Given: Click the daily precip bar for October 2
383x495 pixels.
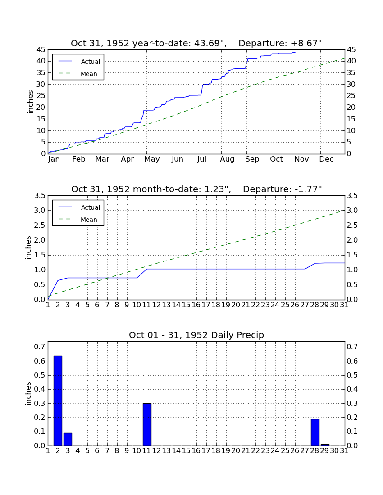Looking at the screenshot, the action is click(x=58, y=400).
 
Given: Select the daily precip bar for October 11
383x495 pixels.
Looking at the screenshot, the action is click(x=147, y=424).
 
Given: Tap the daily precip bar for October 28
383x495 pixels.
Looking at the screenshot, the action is click(x=315, y=432).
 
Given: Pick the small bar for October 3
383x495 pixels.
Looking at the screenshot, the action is click(x=68, y=439).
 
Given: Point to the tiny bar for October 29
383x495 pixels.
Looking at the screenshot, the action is click(x=325, y=445).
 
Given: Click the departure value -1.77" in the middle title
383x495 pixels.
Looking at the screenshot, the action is click(x=308, y=189).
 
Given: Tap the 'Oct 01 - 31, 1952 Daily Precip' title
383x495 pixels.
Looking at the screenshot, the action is click(x=196, y=335).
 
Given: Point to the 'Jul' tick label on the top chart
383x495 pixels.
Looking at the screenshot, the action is click(x=201, y=159).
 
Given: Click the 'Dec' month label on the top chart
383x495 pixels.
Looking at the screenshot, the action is click(x=326, y=159).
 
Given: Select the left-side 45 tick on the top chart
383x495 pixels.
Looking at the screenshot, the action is click(x=41, y=50).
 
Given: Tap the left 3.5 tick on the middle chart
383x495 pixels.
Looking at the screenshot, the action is click(x=40, y=196).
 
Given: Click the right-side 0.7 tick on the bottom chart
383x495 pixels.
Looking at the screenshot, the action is click(x=352, y=346).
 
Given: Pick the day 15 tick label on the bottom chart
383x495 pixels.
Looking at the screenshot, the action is click(x=186, y=451).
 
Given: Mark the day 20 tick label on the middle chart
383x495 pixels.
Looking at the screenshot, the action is click(x=236, y=305).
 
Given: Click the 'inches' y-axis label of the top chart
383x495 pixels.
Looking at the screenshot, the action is click(x=30, y=102).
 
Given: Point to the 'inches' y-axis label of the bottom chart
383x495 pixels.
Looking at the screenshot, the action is click(x=28, y=394).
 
